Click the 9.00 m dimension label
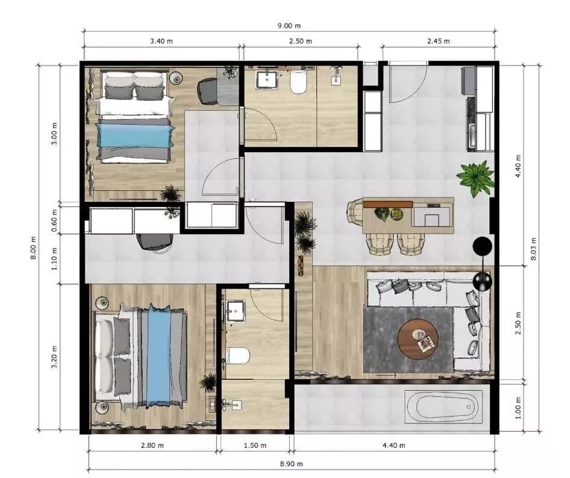289,26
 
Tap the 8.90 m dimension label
291,464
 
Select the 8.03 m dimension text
533,249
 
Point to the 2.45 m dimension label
439,41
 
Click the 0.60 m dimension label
54,220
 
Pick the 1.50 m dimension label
255,445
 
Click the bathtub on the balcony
445,406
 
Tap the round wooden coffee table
418,340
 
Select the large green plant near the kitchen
475,178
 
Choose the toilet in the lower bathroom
237,356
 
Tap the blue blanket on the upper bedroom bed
134,136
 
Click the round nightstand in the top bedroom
176,78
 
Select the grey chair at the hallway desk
154,241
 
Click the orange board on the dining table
388,204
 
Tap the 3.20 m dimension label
54,356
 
